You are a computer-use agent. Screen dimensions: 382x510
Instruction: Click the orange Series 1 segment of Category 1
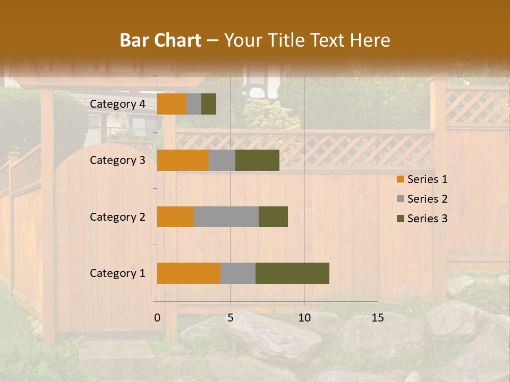189,273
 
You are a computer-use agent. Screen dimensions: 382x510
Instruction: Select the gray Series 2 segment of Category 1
238,273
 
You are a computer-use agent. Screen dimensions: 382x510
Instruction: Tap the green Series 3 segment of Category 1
292,273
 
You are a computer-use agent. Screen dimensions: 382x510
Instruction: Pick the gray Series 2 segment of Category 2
226,216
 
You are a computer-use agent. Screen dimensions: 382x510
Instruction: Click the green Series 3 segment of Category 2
273,216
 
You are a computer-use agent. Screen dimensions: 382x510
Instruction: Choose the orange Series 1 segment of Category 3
183,160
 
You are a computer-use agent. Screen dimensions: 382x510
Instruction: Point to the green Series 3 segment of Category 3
257,160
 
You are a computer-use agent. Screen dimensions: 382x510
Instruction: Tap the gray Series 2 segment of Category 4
194,104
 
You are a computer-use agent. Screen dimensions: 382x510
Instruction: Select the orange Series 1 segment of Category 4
172,104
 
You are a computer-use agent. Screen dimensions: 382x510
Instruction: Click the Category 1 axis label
117,273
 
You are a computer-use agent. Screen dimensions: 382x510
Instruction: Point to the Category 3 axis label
117,160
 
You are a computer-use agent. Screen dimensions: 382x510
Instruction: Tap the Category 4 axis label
117,104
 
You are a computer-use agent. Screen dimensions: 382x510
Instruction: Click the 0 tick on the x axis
157,318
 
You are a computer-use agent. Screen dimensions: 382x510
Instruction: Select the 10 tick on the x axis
304,318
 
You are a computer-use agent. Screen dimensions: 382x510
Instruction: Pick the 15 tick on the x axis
378,318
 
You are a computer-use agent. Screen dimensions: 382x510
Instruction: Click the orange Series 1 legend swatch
401,180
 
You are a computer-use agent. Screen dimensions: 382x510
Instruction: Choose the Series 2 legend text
427,199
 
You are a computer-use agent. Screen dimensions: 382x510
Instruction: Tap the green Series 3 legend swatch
401,219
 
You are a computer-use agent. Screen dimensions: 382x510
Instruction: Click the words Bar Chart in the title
160,40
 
